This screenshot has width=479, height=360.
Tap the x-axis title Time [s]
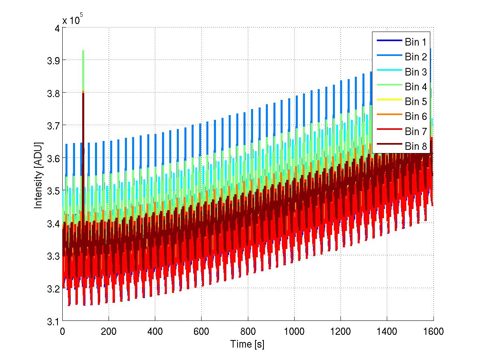tap(247, 344)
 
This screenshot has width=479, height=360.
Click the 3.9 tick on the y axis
tap(52, 60)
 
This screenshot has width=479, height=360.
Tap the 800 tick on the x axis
tap(248, 332)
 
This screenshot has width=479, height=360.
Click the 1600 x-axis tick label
tap(433, 332)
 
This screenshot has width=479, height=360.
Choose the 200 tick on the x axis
tap(109, 332)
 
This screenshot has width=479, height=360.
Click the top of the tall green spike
tap(83, 51)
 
